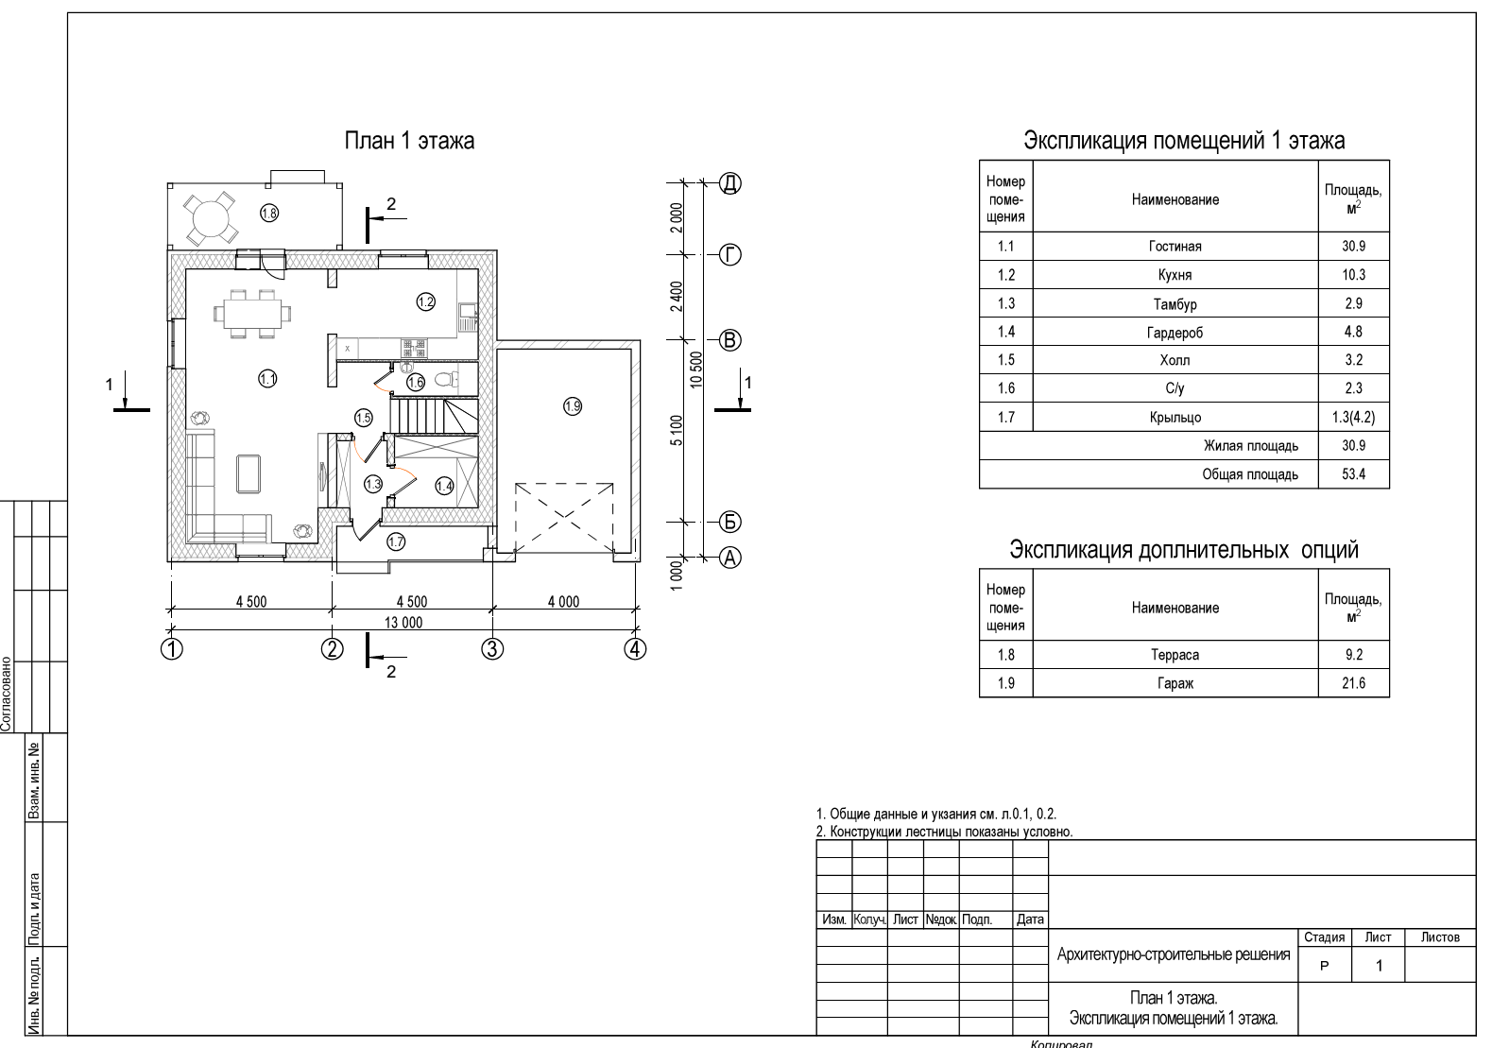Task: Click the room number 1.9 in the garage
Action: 573,406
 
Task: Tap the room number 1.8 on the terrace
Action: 269,213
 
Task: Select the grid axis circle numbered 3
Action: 492,649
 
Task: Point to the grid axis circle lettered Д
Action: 730,183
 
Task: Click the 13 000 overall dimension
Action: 403,623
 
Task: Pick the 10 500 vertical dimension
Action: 696,369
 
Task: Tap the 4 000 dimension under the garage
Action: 563,601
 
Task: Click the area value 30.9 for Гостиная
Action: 1353,247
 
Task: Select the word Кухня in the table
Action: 1175,275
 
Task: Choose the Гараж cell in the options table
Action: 1175,683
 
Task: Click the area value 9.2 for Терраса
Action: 1353,655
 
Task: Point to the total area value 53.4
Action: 1353,474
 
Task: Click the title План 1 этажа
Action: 408,141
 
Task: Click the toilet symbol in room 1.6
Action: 445,380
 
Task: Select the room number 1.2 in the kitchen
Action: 425,301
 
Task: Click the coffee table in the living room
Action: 249,473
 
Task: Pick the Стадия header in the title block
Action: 1324,937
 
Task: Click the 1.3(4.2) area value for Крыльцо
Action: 1353,418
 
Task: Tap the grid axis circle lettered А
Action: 730,558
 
